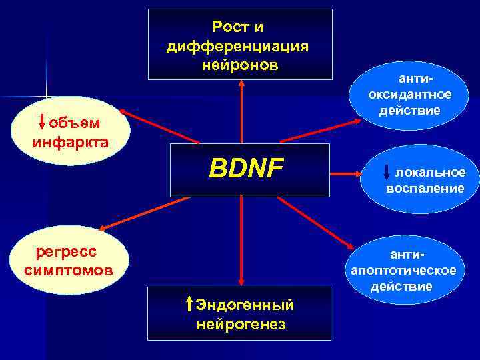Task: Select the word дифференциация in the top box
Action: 237,46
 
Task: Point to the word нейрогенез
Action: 241,325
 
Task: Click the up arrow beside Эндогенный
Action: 189,305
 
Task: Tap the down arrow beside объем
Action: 43,123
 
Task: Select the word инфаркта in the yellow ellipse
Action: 70,142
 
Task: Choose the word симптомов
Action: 68,271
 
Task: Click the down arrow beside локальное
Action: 388,173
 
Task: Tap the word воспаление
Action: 425,189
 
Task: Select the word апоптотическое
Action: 404,270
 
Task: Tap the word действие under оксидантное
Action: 410,109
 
